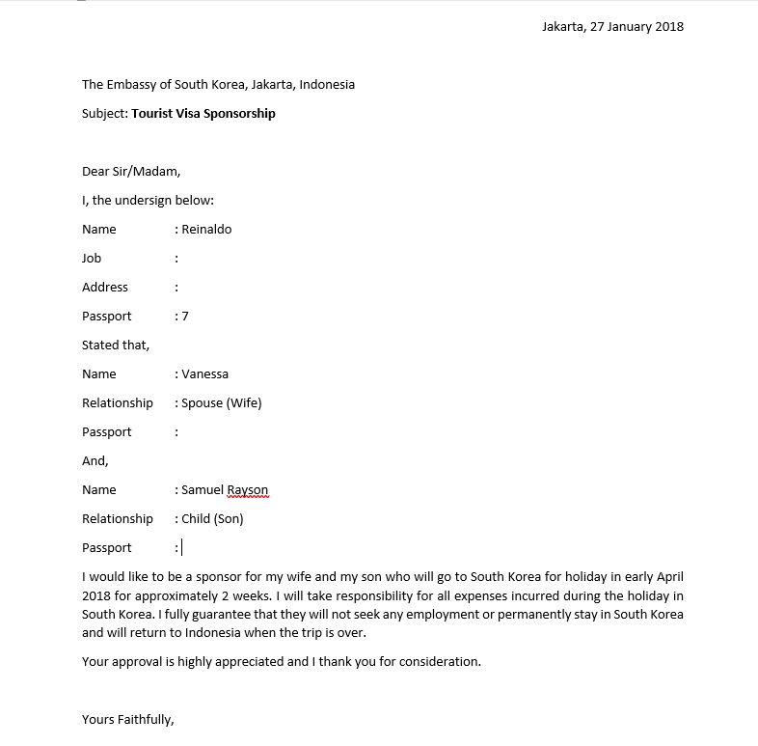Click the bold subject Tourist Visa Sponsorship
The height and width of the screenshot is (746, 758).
pos(203,113)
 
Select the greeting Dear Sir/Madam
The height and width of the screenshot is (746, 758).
pos(130,171)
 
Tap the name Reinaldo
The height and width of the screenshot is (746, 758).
pos(206,229)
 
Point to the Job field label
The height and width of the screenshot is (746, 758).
pos(92,258)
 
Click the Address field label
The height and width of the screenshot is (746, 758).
pos(105,287)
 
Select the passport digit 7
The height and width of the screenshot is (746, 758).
pos(185,316)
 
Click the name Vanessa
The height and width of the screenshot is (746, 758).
pos(204,373)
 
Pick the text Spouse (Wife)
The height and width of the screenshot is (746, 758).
pos(221,402)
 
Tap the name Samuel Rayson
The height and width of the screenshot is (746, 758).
pos(225,489)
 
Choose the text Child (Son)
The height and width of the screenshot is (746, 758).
pos(212,518)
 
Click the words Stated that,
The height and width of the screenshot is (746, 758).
pos(116,345)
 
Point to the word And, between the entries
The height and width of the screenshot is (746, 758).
pos(95,460)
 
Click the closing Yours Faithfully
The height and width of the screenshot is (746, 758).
pos(127,719)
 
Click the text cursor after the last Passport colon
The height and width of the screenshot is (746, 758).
pos(181,547)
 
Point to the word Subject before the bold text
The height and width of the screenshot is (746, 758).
pos(104,113)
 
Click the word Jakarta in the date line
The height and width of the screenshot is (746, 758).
pos(563,26)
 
